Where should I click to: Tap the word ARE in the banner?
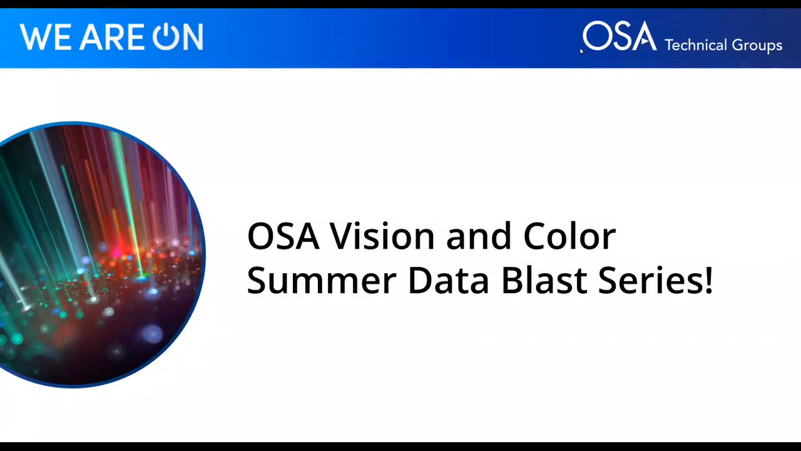(111, 38)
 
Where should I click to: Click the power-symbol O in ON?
(166, 37)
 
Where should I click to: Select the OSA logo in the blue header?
(619, 36)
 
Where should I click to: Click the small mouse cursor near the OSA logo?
(581, 51)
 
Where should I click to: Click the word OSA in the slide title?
(283, 236)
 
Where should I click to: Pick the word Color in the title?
(569, 236)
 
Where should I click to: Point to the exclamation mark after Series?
(708, 280)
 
